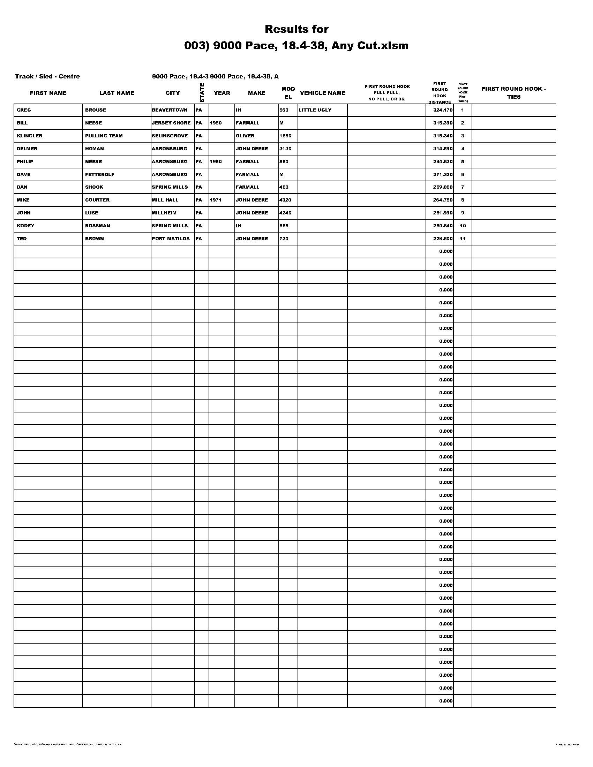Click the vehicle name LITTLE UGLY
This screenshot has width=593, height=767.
[x=315, y=110]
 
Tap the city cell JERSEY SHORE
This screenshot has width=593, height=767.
[x=171, y=123]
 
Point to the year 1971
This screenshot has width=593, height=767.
[x=215, y=200]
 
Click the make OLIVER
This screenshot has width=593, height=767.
[x=245, y=136]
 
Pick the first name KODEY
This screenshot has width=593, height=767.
[x=25, y=226]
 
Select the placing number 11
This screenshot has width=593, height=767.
[x=462, y=238]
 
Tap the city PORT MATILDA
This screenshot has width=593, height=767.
[x=171, y=238]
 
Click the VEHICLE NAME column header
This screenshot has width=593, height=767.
[x=322, y=93]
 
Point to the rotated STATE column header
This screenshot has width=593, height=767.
[x=201, y=93]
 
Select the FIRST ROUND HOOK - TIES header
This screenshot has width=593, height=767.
[x=513, y=93]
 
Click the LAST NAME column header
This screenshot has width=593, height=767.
[x=117, y=93]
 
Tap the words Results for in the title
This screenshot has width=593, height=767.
[x=296, y=29]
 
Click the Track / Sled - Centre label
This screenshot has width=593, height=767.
[x=47, y=76]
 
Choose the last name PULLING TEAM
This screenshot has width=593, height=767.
[x=104, y=136]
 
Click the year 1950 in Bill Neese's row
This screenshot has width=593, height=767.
[x=215, y=123]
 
